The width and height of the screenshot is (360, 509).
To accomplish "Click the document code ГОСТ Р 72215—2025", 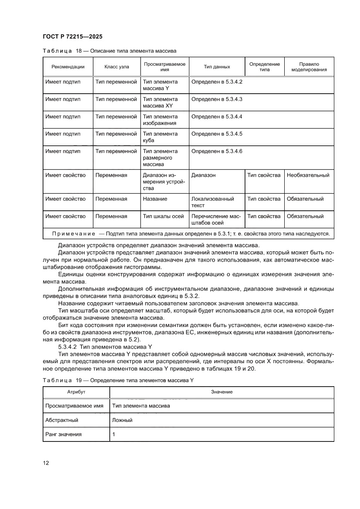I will pyautogui.click(x=73, y=37).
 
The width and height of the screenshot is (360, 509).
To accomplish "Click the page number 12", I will pyautogui.click(x=46, y=463).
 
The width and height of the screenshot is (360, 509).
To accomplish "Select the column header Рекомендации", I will pyautogui.click(x=68, y=67).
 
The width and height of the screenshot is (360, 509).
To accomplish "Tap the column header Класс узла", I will pyautogui.click(x=117, y=67).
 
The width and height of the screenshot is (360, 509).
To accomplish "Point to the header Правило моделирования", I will pyautogui.click(x=309, y=67).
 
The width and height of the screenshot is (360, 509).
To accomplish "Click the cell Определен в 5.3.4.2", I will pyautogui.click(x=217, y=82).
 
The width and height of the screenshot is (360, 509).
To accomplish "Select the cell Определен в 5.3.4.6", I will pyautogui.click(x=217, y=152).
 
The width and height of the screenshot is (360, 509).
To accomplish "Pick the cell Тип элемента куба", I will pyautogui.click(x=160, y=137).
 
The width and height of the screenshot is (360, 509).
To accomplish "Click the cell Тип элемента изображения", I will pyautogui.click(x=160, y=120).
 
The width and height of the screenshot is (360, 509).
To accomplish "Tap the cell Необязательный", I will pyautogui.click(x=308, y=175).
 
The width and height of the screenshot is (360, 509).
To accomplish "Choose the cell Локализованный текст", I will pyautogui.click(x=213, y=202).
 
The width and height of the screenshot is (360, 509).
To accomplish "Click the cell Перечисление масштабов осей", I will pyautogui.click(x=216, y=219).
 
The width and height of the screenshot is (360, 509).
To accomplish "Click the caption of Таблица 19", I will pyautogui.click(x=118, y=380).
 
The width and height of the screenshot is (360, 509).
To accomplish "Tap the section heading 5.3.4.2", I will pyautogui.click(x=104, y=347).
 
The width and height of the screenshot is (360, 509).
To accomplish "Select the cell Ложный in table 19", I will pyautogui.click(x=122, y=420).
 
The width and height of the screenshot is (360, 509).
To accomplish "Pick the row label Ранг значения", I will pyautogui.click(x=64, y=435).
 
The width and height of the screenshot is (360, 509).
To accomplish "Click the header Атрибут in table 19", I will pyautogui.click(x=76, y=392).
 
